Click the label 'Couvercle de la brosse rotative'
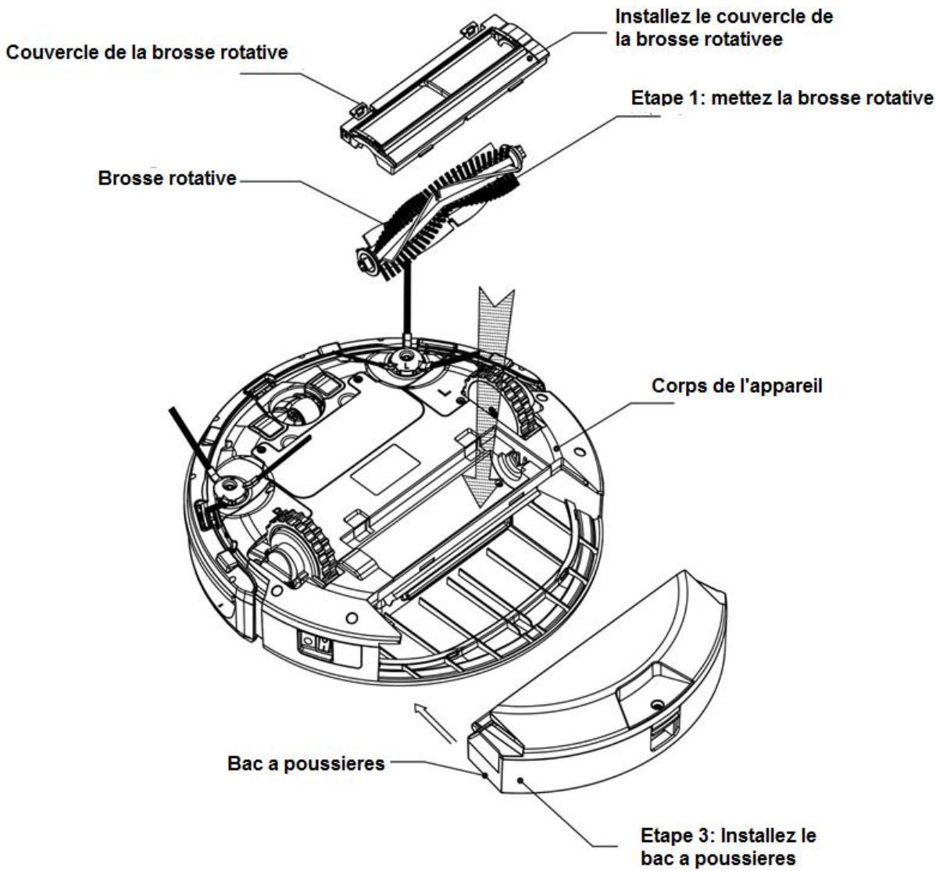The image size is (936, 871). (147, 54)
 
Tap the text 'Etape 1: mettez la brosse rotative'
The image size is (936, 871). (781, 98)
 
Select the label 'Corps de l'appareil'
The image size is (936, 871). (737, 387)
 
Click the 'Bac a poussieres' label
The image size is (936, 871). (307, 762)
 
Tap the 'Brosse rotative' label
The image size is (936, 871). (167, 178)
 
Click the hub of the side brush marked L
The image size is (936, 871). (407, 362)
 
